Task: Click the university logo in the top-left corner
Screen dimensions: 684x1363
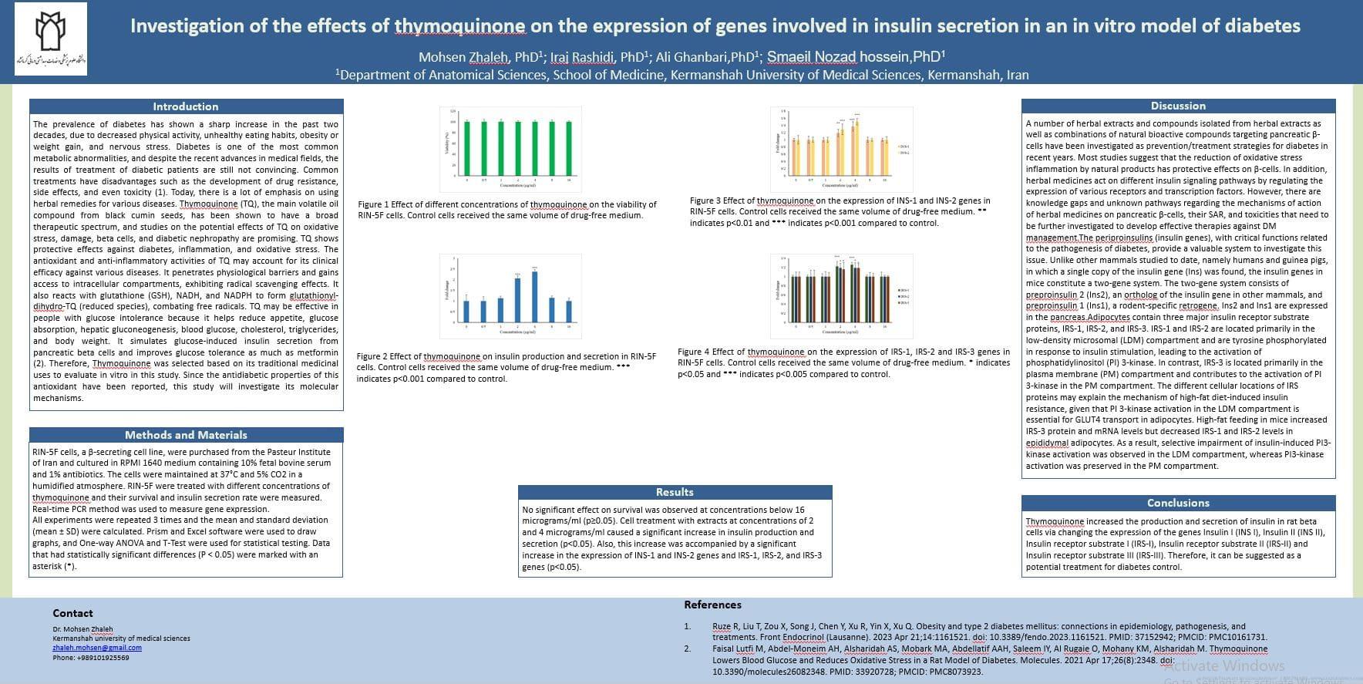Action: point(51,43)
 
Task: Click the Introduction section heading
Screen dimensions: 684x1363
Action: point(185,106)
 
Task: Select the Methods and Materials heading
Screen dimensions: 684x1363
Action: point(186,435)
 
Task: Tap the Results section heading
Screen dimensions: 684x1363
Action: point(675,492)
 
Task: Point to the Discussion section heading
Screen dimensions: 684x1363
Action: point(1177,106)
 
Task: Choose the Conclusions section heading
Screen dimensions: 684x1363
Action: point(1178,503)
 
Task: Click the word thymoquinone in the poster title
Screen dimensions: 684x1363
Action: point(459,26)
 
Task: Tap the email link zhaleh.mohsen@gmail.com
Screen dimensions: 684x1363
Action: point(97,648)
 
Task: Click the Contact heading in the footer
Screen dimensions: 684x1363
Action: point(72,613)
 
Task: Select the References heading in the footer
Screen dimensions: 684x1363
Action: point(712,605)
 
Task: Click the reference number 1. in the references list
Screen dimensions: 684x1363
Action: point(688,626)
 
